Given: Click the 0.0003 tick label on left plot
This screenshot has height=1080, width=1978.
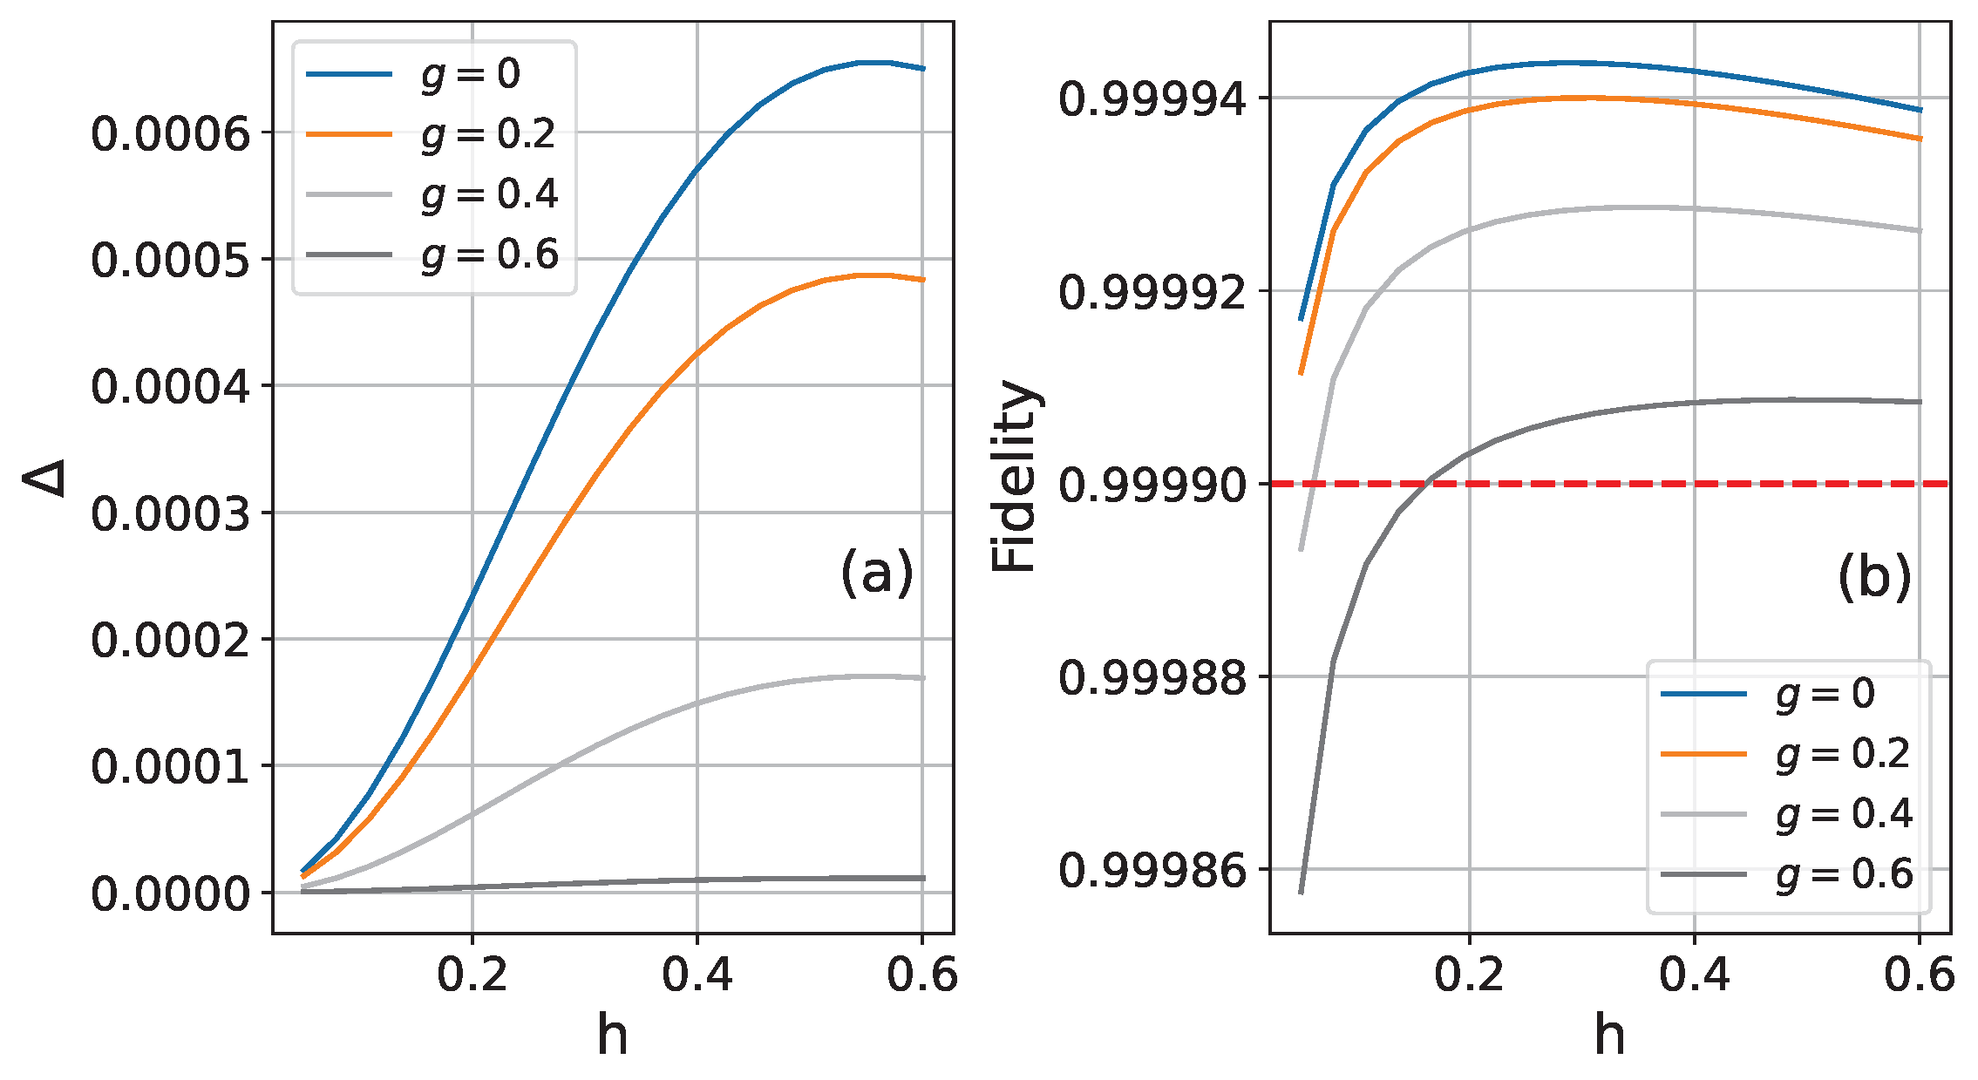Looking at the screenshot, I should point(170,513).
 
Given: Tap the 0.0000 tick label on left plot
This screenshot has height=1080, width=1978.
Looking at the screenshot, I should point(170,893).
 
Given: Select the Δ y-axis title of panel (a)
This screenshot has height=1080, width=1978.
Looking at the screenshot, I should point(44,478).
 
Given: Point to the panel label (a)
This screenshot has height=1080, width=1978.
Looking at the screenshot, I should point(877,573).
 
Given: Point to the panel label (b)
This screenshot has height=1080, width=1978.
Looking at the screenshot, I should point(1874,577).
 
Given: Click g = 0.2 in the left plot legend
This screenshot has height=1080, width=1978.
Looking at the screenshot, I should point(488,134).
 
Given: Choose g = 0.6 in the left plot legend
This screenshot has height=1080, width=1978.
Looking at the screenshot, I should point(488,255).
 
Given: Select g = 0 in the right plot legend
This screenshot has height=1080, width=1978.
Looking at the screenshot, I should point(1825,694).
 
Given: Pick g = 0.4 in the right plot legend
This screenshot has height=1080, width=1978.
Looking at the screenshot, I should point(1843,814).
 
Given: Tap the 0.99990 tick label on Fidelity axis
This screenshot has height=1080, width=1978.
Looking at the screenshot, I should point(1153,485).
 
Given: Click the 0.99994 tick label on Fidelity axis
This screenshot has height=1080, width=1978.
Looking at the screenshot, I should point(1153,98).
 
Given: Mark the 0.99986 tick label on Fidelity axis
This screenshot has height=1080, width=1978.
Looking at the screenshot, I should point(1153,871).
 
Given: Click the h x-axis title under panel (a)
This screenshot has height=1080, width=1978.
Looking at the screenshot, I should point(612,1035).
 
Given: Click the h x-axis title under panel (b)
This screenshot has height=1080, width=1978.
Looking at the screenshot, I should point(1609,1035).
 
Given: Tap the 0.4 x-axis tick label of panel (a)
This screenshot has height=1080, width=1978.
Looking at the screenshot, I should point(697,974).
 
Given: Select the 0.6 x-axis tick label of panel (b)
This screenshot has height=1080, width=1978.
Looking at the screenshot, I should point(1919,974).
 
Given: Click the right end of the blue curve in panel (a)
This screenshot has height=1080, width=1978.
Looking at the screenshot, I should point(923,68).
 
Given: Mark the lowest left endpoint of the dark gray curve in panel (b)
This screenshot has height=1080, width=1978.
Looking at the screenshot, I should point(1301,893).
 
